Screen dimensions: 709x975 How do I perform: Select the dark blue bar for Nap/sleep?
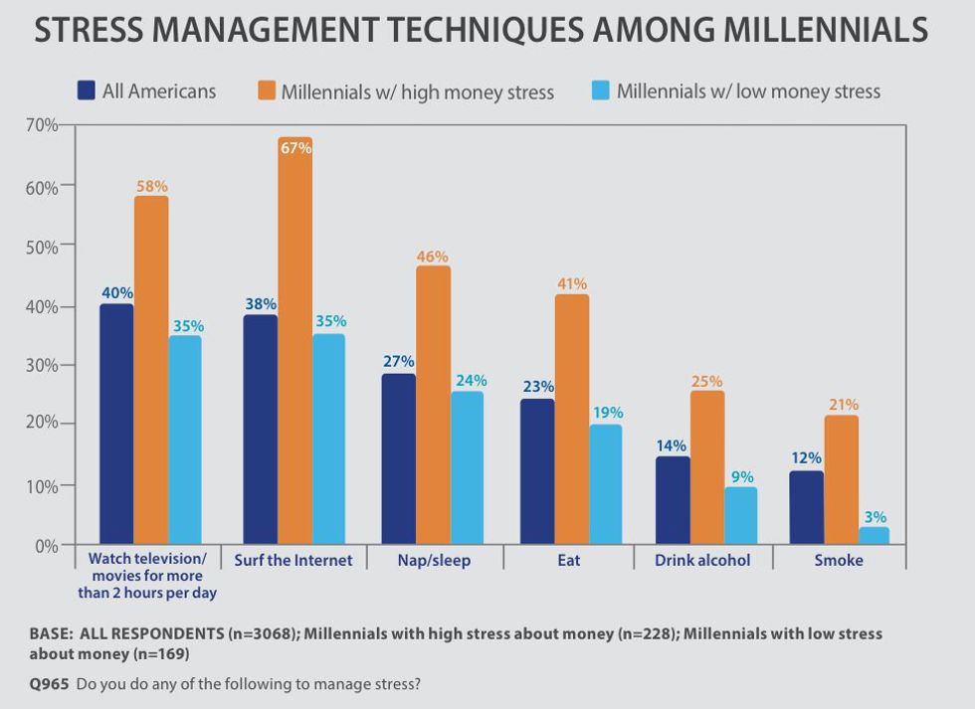(x=399, y=458)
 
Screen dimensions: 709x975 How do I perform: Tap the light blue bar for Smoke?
(x=874, y=535)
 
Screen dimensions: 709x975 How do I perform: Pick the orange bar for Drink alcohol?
(x=706, y=466)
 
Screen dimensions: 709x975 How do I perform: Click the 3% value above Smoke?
(x=875, y=517)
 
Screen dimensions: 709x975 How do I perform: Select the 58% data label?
(x=152, y=186)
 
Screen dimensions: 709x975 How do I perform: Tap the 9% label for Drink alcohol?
(x=742, y=477)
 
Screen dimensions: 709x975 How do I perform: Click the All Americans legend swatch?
(x=87, y=90)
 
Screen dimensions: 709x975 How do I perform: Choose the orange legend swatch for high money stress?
(x=266, y=90)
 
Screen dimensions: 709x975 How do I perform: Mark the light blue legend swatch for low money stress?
(x=601, y=90)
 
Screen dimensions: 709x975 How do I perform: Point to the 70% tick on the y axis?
(x=44, y=125)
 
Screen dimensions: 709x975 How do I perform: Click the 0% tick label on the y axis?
(x=48, y=545)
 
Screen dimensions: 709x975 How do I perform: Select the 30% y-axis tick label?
(x=44, y=365)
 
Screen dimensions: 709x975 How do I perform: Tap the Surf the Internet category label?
(x=293, y=560)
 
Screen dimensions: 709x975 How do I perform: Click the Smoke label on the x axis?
(x=839, y=560)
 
